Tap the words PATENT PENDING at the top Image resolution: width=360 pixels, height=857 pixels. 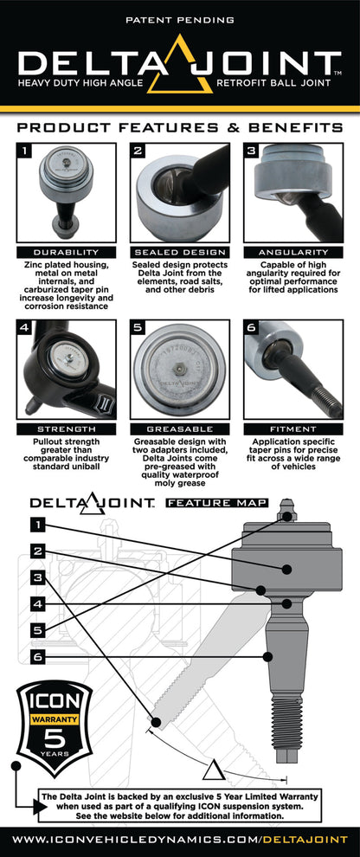point(180,18)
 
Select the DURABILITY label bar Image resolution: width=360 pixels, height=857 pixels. point(66,252)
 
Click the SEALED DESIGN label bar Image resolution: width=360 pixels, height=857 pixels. point(180,252)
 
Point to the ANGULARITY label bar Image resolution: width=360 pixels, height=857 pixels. point(293,252)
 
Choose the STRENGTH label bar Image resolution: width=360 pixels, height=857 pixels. point(66,428)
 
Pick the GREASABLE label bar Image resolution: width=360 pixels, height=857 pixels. point(180,428)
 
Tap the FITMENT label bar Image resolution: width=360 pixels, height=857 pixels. point(293,428)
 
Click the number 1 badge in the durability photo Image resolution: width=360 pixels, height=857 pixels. point(26,154)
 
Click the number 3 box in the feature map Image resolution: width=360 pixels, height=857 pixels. point(37,577)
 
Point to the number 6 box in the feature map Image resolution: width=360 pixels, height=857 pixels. point(37,658)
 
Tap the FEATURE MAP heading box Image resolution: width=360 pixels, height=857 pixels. point(216,502)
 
